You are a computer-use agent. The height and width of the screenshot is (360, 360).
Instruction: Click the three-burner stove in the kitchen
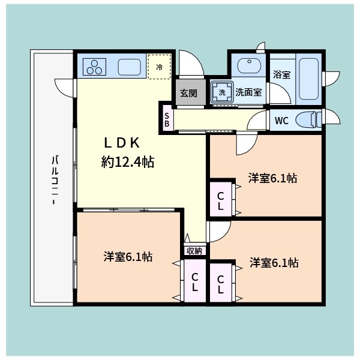94,67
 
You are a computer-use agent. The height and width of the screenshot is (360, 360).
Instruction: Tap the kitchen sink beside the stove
129,67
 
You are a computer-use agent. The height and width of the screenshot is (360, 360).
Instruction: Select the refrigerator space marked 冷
160,67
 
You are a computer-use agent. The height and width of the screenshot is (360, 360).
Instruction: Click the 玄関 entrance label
188,93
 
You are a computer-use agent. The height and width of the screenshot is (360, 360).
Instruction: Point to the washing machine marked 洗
222,92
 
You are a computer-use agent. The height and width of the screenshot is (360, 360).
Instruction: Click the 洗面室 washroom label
248,92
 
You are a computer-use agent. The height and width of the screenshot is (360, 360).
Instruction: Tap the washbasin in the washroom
249,65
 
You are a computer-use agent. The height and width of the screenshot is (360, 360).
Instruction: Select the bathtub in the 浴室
309,79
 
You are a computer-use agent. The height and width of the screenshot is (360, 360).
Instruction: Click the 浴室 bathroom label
282,74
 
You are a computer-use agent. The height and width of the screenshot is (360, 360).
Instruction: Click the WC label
281,121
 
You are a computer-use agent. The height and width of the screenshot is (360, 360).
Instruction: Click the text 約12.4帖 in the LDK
128,162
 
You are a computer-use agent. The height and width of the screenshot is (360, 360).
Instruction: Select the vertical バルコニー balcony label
55,180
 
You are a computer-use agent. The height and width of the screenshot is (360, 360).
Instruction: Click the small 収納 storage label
194,251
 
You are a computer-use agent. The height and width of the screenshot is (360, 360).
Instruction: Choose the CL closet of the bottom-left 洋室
194,280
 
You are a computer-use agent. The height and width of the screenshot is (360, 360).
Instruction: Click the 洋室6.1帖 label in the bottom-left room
128,256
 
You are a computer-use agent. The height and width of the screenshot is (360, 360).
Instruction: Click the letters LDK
122,143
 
